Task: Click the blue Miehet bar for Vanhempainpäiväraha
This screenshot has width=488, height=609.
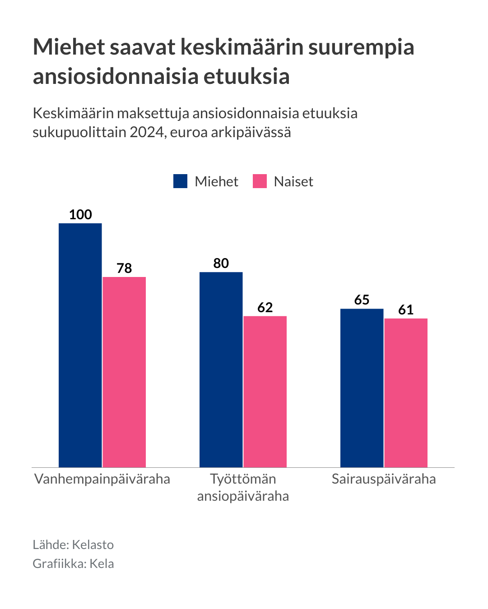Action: click(80, 345)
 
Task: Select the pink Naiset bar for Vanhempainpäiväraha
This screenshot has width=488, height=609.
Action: click(124, 372)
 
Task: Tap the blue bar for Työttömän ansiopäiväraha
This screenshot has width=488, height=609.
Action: click(221, 369)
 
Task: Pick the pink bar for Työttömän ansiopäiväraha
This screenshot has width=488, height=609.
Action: click(265, 392)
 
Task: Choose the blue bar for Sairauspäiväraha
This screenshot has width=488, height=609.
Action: click(362, 388)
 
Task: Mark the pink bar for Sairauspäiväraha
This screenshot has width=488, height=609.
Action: click(406, 392)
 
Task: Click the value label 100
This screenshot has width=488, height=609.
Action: click(80, 215)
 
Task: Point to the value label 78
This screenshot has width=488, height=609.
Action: click(124, 268)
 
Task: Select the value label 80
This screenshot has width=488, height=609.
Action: click(221, 263)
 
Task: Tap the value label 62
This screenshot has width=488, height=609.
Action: click(265, 308)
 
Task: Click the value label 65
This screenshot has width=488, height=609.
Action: click(362, 300)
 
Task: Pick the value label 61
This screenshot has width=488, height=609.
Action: click(406, 310)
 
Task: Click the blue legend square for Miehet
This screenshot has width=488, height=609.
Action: click(181, 181)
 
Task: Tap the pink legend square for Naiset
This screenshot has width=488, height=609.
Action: click(260, 181)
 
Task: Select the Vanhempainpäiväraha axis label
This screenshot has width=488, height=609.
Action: click(102, 479)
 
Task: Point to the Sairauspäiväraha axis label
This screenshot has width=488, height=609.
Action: click(384, 479)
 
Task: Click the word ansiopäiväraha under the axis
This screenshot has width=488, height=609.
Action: click(243, 496)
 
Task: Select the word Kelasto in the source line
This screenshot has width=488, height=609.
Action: click(93, 545)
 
